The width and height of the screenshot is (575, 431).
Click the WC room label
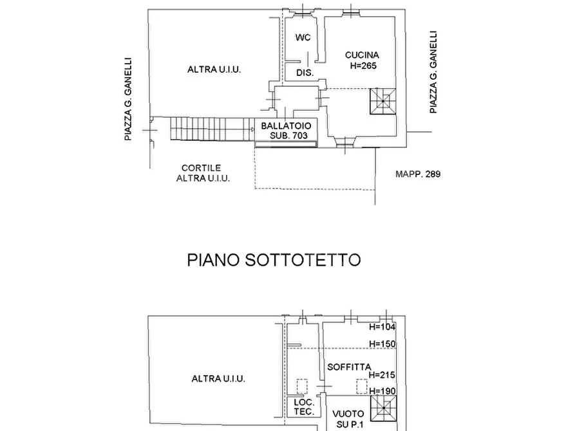point(303,38)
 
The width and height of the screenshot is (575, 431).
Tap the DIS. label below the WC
point(305,73)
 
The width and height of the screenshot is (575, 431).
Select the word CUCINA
point(361,55)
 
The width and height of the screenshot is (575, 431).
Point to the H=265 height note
point(363,66)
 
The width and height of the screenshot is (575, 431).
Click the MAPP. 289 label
point(418,174)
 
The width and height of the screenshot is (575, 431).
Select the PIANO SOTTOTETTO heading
point(274,260)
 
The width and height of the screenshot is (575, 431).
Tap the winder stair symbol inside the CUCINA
point(383,101)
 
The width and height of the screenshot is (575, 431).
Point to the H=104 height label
point(382,327)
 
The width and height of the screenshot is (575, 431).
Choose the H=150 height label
point(382,344)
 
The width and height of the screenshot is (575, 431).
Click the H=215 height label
point(382,374)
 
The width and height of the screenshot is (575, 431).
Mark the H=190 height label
point(382,391)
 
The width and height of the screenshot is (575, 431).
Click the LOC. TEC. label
point(303,407)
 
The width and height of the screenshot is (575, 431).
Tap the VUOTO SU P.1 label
point(350,419)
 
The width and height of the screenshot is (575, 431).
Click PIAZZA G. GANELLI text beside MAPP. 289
point(434,73)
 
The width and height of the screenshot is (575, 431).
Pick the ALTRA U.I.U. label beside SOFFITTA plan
point(218,379)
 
